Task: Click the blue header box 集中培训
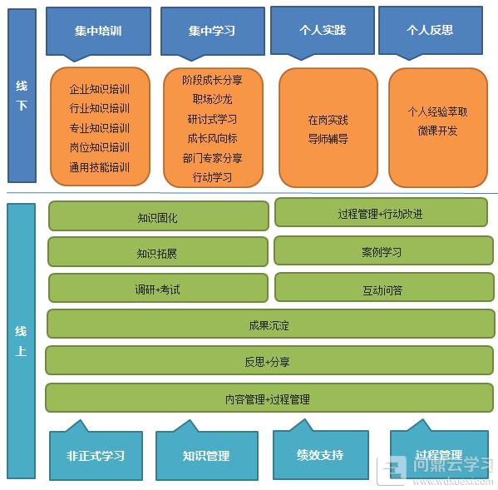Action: tap(98, 32)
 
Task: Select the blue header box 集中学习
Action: tap(213, 32)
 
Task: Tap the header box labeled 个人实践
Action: tap(323, 31)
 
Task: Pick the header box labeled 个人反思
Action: tap(431, 31)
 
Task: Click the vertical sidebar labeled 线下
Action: tap(22, 96)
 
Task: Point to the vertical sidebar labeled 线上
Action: tap(21, 340)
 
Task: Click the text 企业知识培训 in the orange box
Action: tap(100, 89)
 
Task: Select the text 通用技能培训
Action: tap(100, 167)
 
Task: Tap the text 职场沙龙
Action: tap(213, 100)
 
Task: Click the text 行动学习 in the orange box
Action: tap(213, 177)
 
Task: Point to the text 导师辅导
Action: tap(328, 139)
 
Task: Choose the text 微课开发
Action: tap(437, 131)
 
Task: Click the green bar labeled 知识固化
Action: tap(159, 216)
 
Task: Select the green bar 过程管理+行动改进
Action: tap(381, 213)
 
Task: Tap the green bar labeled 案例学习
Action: tap(383, 250)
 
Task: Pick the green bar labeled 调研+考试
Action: tap(158, 288)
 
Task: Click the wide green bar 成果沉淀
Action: tap(270, 324)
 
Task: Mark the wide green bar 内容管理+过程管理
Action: tap(269, 398)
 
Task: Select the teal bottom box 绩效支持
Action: tap(321, 452)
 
